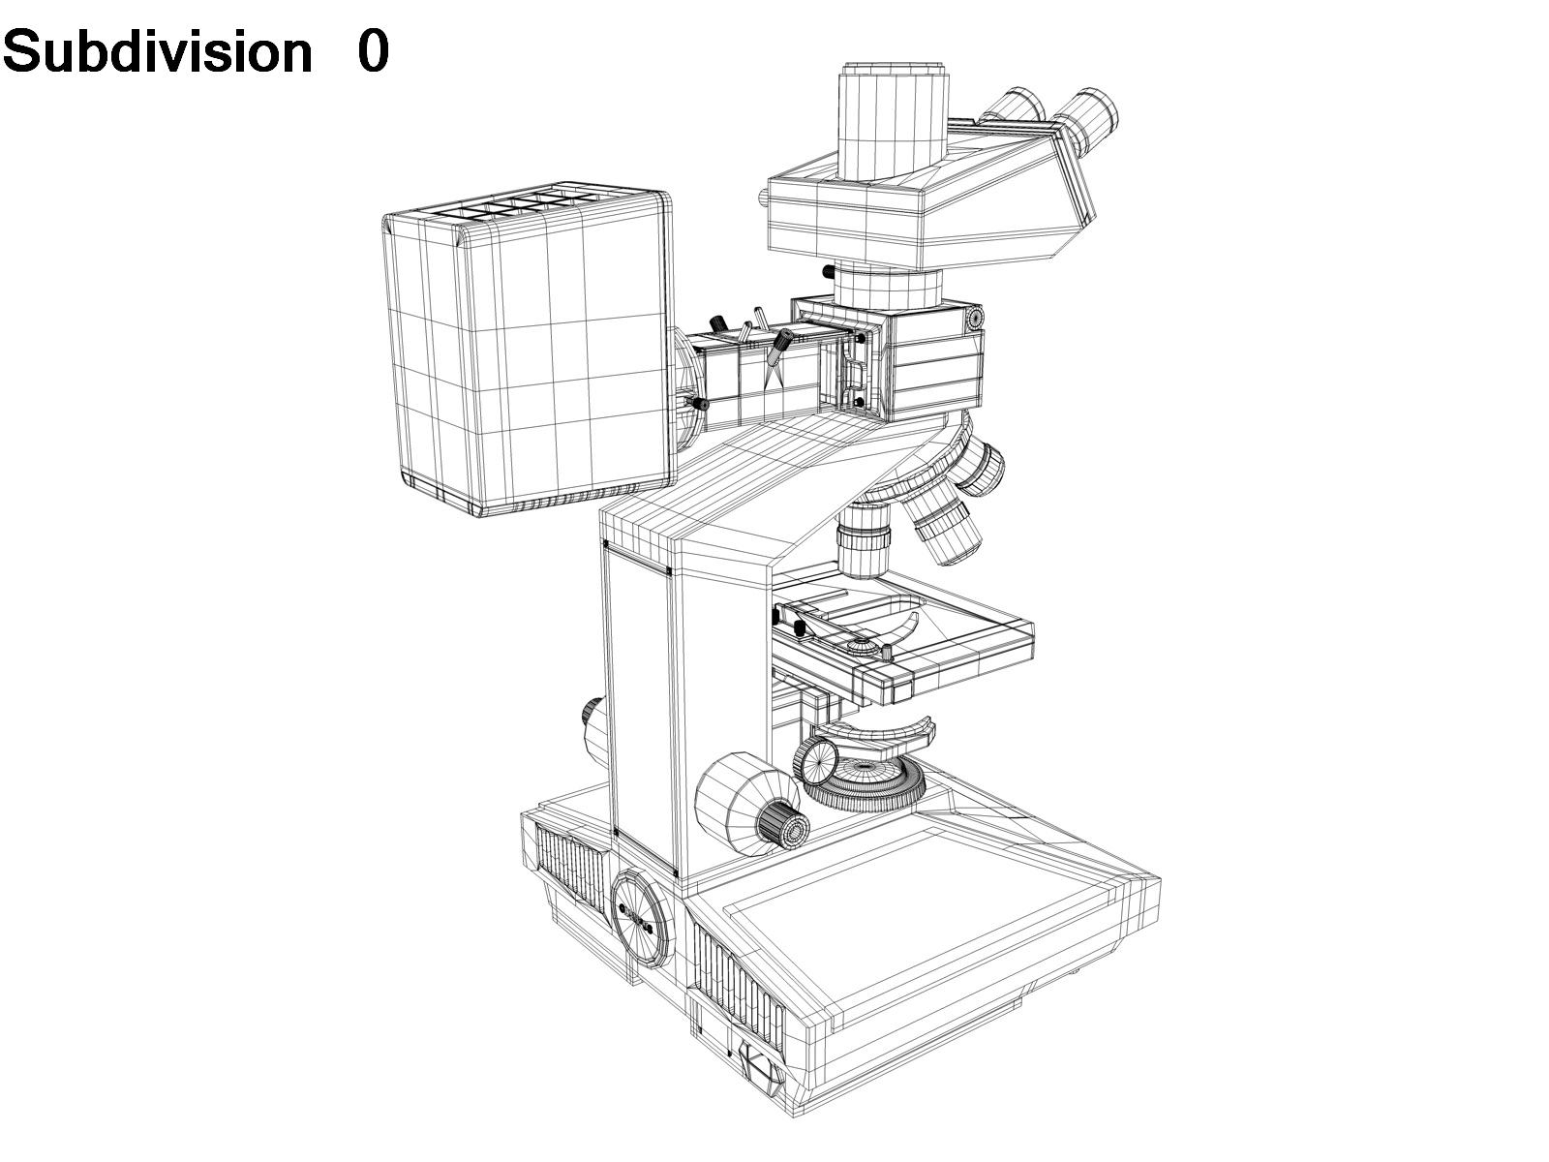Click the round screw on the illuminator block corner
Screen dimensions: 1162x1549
coord(972,318)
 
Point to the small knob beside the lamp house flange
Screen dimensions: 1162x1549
coord(697,403)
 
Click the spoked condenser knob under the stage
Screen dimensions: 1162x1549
coord(818,760)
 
